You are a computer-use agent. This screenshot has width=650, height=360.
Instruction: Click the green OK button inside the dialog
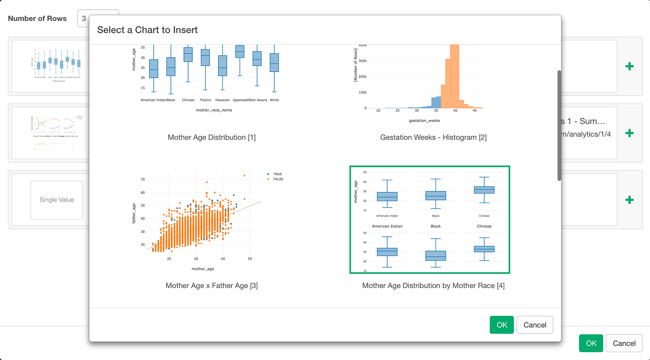pos(502,325)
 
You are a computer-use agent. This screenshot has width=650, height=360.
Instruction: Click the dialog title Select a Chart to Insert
pos(148,30)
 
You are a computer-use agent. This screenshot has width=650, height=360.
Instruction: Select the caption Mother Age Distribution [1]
pos(212,137)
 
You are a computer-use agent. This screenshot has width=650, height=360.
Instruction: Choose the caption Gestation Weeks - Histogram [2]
pos(433,137)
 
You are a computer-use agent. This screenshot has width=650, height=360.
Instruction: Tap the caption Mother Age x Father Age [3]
pos(212,286)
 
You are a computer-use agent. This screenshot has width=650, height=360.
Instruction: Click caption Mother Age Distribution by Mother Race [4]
pos(433,286)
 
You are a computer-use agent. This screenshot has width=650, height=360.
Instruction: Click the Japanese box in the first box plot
pos(240,51)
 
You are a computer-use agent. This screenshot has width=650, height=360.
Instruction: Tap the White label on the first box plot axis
pos(274,100)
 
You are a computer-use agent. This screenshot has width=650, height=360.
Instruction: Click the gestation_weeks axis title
pos(424,121)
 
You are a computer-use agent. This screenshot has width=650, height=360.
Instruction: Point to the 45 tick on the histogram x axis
pos(474,111)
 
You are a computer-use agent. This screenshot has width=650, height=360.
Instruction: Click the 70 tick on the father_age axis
pos(143,179)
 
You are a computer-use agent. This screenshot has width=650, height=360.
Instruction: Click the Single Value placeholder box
pos(57,200)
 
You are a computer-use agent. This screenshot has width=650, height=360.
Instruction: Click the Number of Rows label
pos(37,19)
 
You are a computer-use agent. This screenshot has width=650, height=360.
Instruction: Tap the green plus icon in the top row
pos(629,66)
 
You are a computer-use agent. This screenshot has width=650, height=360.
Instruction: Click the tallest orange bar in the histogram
pos(455,77)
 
